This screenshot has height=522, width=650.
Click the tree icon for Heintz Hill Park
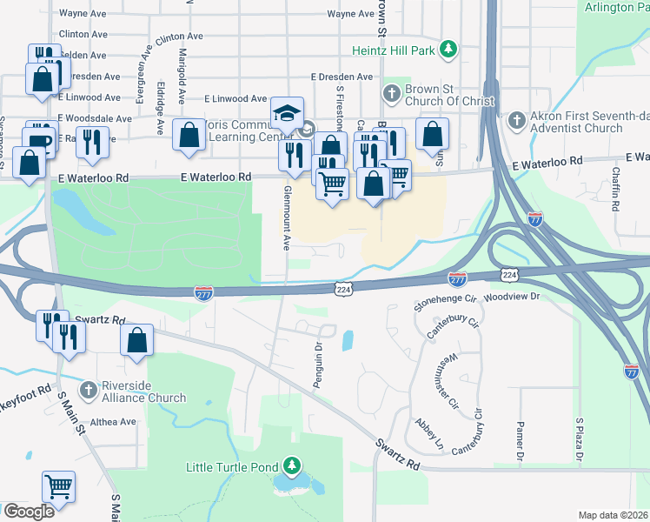tap(448, 50)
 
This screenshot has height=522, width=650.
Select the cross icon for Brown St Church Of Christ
tap(391, 92)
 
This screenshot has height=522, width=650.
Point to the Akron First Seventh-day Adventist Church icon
tap(516, 119)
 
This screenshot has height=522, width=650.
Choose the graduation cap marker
tap(287, 112)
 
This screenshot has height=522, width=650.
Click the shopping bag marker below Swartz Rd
tap(137, 340)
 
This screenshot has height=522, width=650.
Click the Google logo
tap(29, 512)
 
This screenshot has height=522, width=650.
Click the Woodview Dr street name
tap(513, 297)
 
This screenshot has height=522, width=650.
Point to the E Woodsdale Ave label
tap(94, 118)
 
